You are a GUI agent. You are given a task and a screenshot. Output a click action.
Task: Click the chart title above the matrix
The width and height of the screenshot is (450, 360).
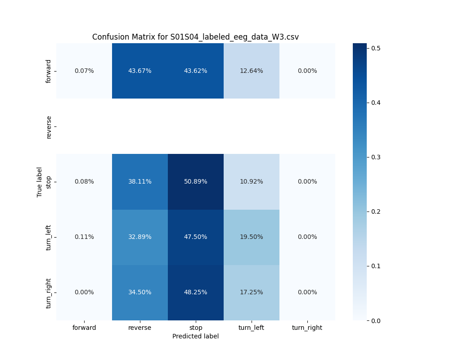tap(195, 37)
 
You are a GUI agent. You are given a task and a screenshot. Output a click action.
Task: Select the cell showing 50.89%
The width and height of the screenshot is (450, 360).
tap(196, 182)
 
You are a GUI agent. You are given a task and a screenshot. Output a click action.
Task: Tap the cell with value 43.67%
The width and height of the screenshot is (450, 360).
tap(140, 71)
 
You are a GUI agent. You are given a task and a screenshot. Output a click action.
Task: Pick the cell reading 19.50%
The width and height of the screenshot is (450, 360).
tap(252, 237)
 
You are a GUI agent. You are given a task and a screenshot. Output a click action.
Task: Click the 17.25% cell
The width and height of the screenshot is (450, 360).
tap(252, 292)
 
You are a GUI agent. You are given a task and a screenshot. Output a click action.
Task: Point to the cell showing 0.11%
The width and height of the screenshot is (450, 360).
tap(84, 237)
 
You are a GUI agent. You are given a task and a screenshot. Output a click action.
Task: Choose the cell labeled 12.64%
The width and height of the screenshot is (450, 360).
tap(252, 71)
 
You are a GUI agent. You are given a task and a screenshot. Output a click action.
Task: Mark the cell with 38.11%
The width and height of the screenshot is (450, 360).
tap(140, 182)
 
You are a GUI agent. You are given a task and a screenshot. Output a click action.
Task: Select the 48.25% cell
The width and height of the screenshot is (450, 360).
tap(196, 292)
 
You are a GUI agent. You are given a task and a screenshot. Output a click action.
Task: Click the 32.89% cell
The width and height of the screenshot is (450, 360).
tap(140, 237)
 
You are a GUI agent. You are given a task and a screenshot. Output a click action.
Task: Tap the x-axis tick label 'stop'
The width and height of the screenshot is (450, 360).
tap(196, 328)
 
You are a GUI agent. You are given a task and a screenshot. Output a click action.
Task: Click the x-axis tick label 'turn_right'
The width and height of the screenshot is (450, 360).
tap(307, 328)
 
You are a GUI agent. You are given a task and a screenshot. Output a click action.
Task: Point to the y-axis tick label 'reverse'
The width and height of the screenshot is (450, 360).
tap(49, 126)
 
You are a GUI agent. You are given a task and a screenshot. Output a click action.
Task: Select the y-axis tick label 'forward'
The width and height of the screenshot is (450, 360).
tap(49, 71)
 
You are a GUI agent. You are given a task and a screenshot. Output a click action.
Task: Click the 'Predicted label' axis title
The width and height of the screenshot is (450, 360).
tap(196, 336)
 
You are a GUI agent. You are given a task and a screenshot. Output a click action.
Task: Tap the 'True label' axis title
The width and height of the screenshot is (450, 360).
tap(40, 182)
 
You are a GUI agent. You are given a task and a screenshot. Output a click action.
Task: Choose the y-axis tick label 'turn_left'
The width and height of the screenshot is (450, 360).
tap(49, 237)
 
